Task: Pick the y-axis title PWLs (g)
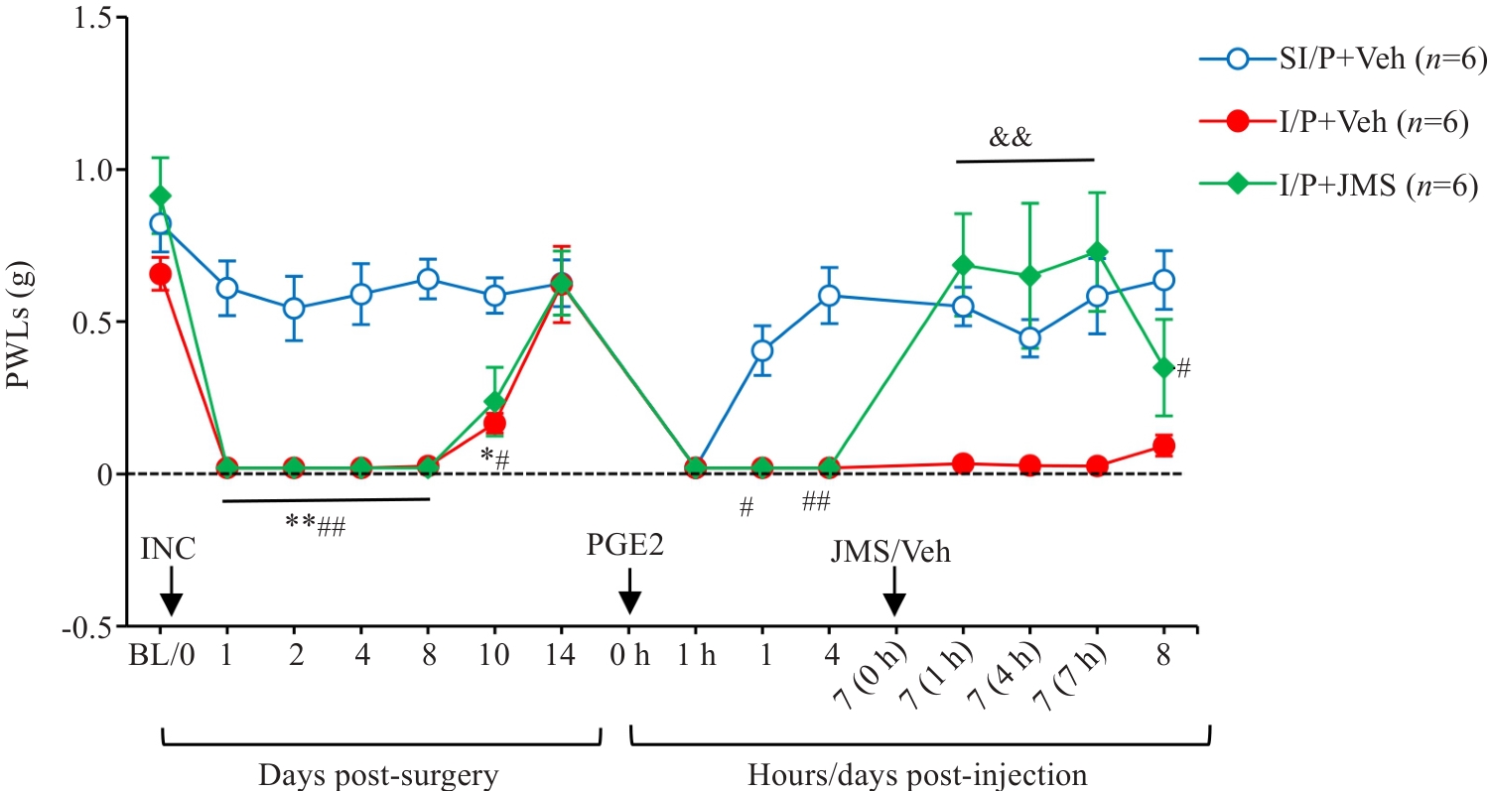click(22, 322)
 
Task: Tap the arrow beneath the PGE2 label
click(629, 599)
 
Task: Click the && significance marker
click(1011, 137)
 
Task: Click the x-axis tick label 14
click(561, 657)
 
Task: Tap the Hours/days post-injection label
click(919, 773)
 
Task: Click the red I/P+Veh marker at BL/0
click(160, 273)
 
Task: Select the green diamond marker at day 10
click(494, 401)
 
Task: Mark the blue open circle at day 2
click(294, 308)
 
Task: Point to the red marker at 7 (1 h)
click(962, 463)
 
